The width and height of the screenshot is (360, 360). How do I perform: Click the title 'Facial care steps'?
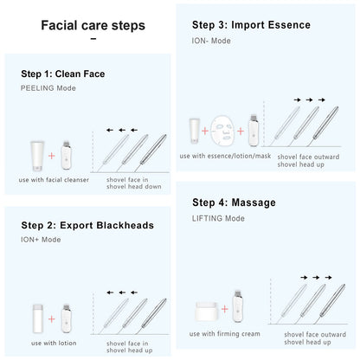(x=93, y=25)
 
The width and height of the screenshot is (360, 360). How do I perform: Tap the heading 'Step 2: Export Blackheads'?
(x=87, y=225)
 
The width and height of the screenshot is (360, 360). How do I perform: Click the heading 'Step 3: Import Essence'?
(x=251, y=25)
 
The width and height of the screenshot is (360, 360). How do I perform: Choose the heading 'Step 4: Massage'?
(x=234, y=202)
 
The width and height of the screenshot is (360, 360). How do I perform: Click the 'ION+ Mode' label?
(x=41, y=240)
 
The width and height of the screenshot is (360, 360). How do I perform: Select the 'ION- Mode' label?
(x=211, y=40)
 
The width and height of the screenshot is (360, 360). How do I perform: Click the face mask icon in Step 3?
(x=222, y=130)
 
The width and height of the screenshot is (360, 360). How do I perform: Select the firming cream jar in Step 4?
(x=205, y=310)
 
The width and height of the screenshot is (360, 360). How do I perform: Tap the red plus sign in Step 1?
(x=52, y=156)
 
